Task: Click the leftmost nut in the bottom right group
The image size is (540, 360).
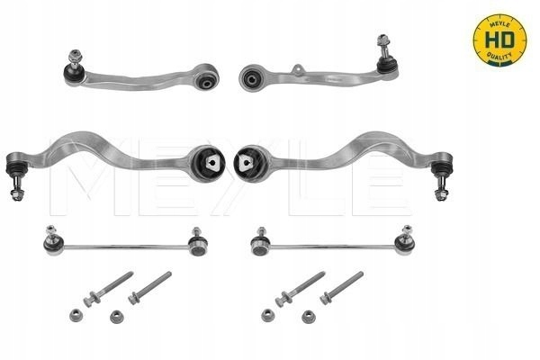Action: pyautogui.click(x=267, y=313)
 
